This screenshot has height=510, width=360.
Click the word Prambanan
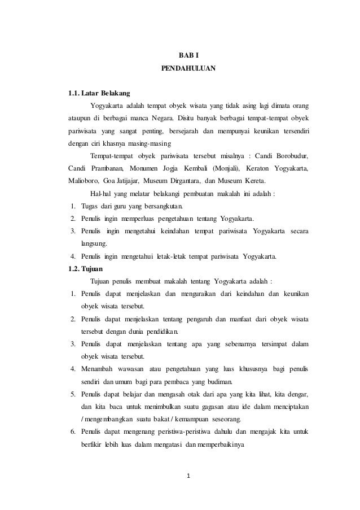tap(103, 168)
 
